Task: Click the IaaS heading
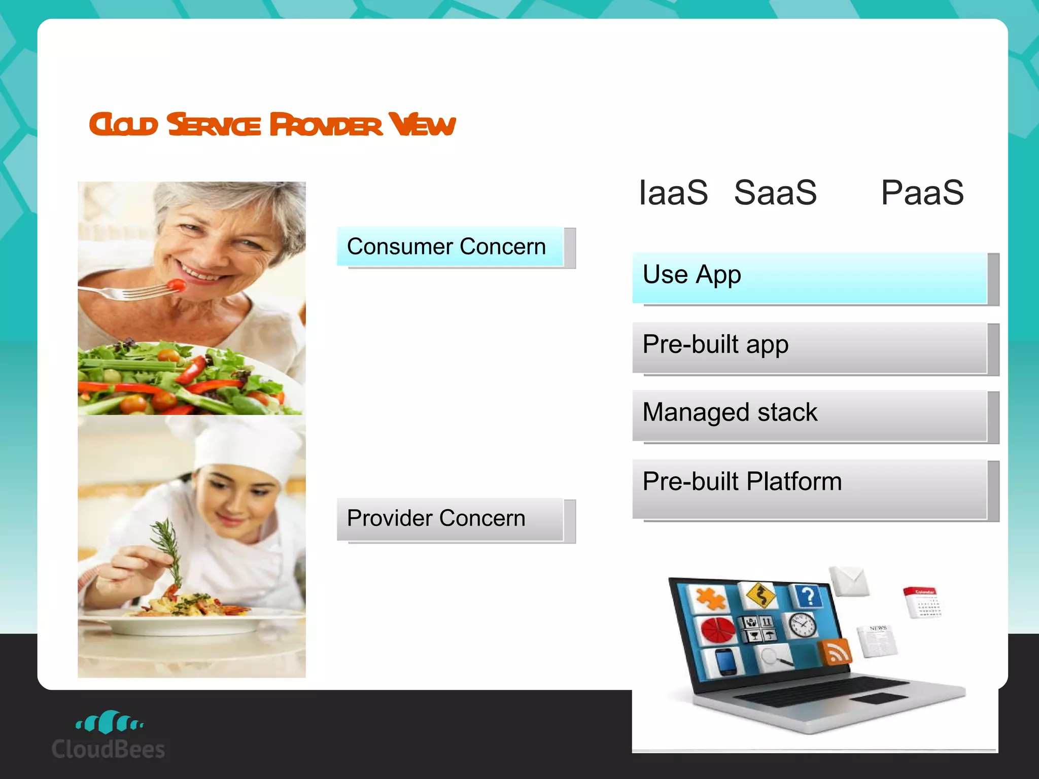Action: (673, 193)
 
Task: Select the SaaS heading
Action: (775, 193)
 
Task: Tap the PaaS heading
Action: (922, 193)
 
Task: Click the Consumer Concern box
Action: (451, 247)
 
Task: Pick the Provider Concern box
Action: (451, 519)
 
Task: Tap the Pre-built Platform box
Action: (810, 488)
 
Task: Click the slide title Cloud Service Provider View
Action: (272, 125)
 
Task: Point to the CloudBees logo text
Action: (108, 749)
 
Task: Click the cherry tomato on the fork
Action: (177, 285)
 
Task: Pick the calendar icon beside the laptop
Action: (923, 602)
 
